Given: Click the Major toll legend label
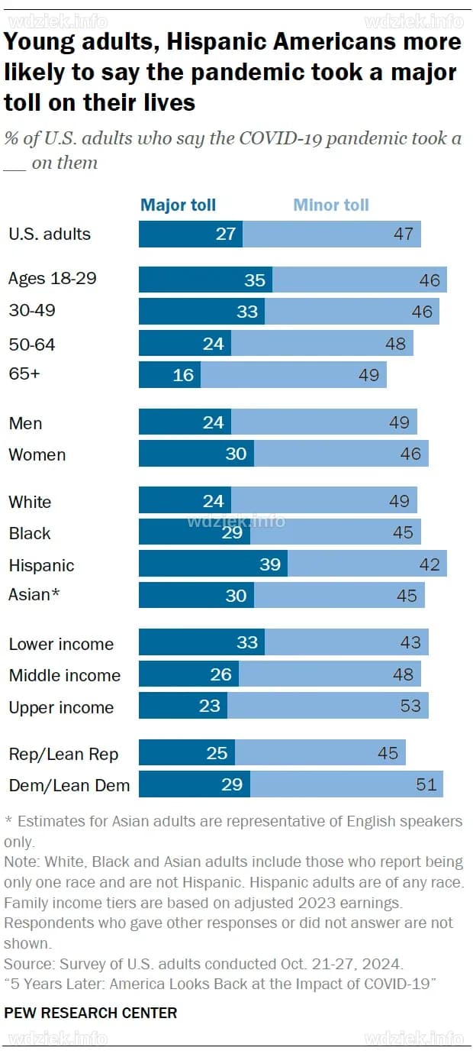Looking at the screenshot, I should [178, 205].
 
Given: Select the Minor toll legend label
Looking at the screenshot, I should [331, 205].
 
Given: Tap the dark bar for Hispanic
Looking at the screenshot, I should [213, 564].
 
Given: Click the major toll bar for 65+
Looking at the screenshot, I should [169, 375].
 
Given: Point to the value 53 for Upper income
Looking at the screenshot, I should [410, 706].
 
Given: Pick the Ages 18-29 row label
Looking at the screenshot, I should [53, 278].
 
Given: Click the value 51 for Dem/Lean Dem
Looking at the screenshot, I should [425, 784].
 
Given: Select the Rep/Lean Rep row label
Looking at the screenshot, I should [63, 754].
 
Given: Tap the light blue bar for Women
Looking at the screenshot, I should [341, 454].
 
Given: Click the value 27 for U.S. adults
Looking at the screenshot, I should [226, 234].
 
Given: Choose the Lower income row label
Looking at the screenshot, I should [61, 644].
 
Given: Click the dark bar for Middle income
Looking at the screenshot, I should [188, 674].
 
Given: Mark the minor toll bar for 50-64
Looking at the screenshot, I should [322, 344].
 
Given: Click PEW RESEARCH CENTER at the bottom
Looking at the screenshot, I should [91, 1013].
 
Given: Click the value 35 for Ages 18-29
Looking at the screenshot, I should [254, 280].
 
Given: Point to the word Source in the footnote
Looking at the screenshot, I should [27, 962].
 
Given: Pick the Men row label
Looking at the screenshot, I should [25, 423].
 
